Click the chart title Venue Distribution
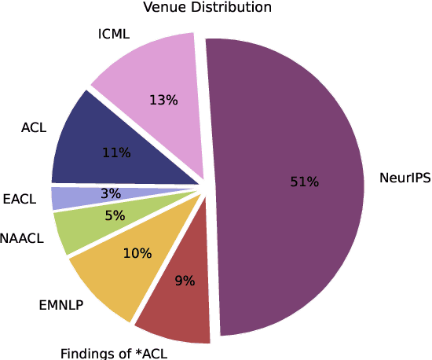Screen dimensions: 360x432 coord(207,8)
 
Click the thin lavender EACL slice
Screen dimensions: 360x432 coord(67,197)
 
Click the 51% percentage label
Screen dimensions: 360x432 coord(304,182)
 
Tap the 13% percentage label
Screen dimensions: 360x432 coord(163,101)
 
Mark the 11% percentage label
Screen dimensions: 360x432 coord(115,153)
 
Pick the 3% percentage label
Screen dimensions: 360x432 coord(111,194)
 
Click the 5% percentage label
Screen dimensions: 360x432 coord(115,215)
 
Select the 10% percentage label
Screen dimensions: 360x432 coord(137,254)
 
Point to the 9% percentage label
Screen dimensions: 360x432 coord(185,280)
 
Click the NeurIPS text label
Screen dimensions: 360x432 coord(405,178)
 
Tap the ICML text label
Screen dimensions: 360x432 coord(114,35)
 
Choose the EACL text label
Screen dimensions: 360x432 coord(20,200)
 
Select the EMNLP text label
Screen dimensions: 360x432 coord(60,305)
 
